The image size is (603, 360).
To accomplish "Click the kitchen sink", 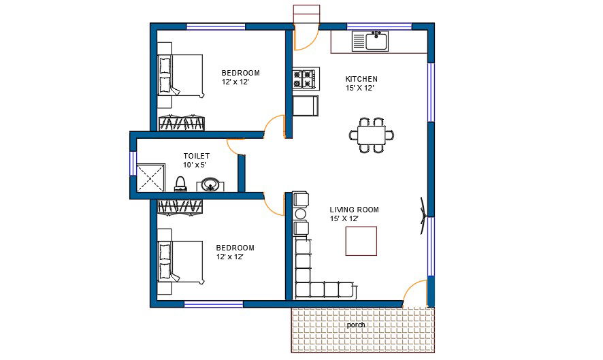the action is point(370,41).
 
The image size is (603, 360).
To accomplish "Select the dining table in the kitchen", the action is point(372,135).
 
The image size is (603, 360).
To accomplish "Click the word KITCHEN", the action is point(361,79).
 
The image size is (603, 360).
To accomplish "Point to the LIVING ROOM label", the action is point(354,210).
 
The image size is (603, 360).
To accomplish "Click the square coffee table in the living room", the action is point(361,241).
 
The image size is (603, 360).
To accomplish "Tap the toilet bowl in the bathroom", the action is point(180,184).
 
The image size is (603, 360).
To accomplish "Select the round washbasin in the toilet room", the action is point(210,184).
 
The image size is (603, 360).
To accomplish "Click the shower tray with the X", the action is point(151,178).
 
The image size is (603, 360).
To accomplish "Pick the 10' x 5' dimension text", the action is point(195,165).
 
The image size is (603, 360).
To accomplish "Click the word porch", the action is point(356,325).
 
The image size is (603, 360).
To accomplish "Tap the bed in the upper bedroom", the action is point(180,76).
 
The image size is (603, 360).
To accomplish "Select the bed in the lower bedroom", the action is point(180,263).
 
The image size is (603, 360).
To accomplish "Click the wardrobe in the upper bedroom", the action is point(182,122).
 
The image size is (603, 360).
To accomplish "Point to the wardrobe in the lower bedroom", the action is point(180,206).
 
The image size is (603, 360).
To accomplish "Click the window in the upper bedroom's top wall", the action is point(216,27).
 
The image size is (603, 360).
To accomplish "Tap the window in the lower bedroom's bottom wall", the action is point(214,304).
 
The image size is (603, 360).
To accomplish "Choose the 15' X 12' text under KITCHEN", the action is point(359,88).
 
